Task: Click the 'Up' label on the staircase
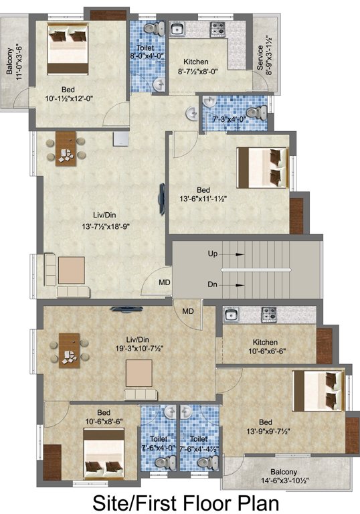pyautogui.click(x=212, y=255)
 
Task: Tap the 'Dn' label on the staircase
pyautogui.click(x=212, y=284)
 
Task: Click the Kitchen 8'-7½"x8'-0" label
pyautogui.click(x=197, y=66)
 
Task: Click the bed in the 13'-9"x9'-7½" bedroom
pyautogui.click(x=319, y=393)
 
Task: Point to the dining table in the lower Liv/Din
pyautogui.click(x=67, y=349)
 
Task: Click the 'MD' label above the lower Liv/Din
pyautogui.click(x=188, y=311)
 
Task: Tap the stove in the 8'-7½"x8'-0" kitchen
pyautogui.click(x=218, y=29)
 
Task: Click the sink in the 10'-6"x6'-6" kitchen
pyautogui.click(x=232, y=315)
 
